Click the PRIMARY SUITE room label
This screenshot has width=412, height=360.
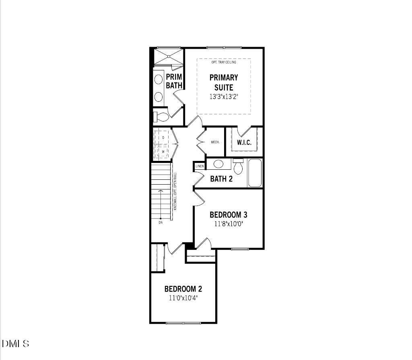[224, 82]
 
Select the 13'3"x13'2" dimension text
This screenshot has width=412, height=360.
[224, 97]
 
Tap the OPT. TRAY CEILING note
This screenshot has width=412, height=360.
[224, 62]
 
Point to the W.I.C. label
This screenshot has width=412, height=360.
[244, 142]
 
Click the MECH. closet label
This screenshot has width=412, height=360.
[214, 142]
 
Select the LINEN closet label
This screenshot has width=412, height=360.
[200, 166]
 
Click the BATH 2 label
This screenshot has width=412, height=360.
[221, 179]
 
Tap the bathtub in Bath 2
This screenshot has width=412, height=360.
[255, 173]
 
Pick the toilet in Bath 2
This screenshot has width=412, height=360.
[238, 167]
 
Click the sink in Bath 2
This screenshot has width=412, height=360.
[218, 164]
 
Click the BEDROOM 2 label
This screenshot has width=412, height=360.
[183, 289]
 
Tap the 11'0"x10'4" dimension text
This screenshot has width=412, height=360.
[183, 298]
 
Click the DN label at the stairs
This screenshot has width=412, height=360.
[160, 222]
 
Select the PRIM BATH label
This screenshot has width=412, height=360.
[174, 81]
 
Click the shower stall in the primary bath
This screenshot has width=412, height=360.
[169, 56]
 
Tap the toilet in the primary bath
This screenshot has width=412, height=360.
[161, 117]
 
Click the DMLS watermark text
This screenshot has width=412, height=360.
[16, 344]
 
